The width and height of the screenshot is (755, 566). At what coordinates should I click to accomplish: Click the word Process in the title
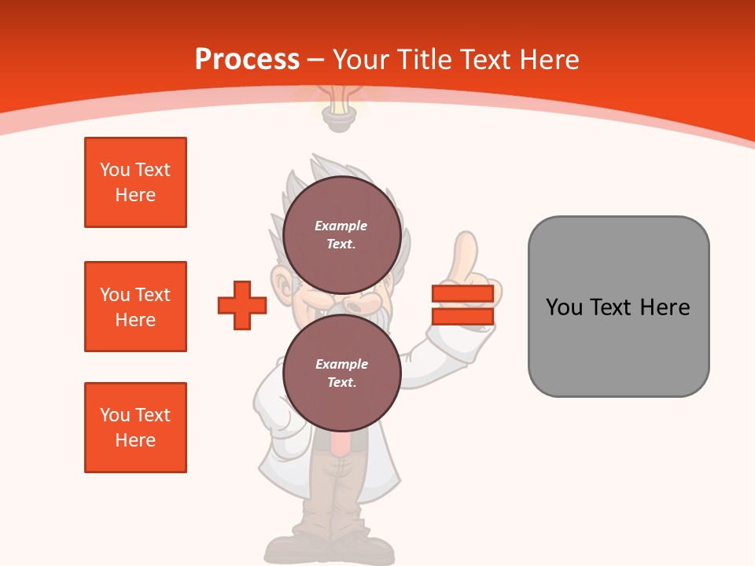(247, 59)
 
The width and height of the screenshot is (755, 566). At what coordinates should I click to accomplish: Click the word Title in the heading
(426, 59)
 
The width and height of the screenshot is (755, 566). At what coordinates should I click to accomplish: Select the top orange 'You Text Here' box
(135, 182)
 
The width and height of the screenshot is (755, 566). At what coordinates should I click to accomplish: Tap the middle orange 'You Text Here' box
(135, 307)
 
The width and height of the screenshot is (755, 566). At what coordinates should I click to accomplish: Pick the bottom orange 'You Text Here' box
(135, 427)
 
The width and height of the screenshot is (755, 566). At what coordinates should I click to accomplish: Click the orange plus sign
(241, 305)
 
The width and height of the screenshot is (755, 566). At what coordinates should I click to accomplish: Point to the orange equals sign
(462, 305)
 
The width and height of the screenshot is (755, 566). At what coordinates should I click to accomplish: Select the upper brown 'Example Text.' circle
(341, 234)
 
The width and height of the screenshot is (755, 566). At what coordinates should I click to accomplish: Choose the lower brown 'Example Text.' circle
(341, 373)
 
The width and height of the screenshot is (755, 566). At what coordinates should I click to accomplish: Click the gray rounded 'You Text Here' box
(618, 307)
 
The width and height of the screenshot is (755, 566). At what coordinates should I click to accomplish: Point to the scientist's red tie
(340, 443)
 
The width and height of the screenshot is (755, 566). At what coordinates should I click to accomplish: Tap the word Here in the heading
(549, 59)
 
